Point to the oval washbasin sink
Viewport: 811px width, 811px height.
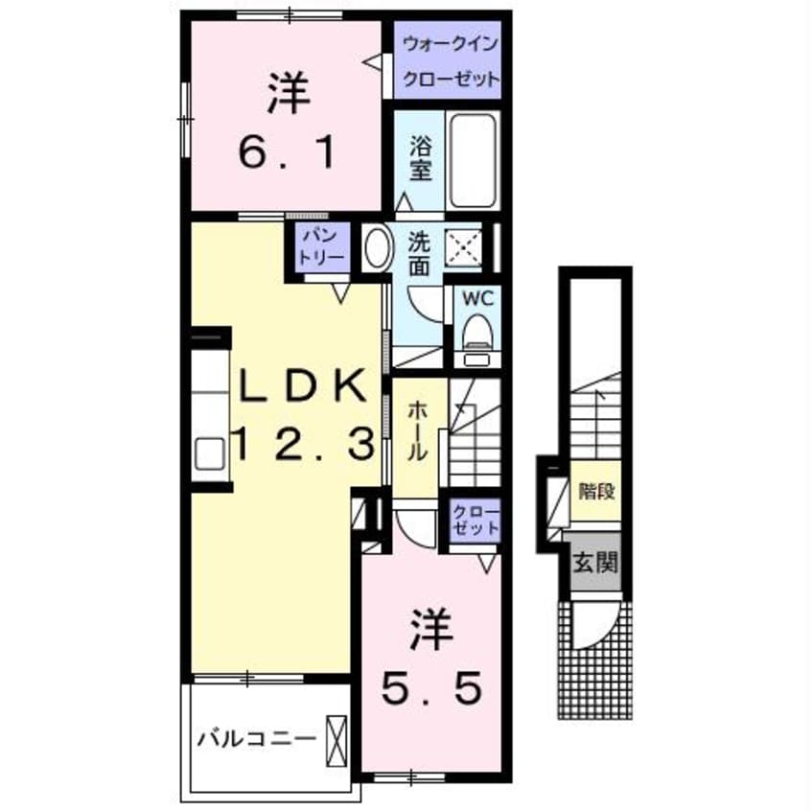pos(375,248)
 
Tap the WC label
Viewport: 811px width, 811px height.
pos(476,297)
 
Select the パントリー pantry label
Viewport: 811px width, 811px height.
pos(316,248)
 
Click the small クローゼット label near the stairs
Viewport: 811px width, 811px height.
pos(475,519)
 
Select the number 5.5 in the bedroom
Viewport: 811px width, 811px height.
pos(430,686)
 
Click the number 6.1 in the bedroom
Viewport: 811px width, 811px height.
pos(287,151)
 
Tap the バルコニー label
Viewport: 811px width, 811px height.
pos(257,738)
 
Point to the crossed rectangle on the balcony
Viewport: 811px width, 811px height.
pos(336,739)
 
